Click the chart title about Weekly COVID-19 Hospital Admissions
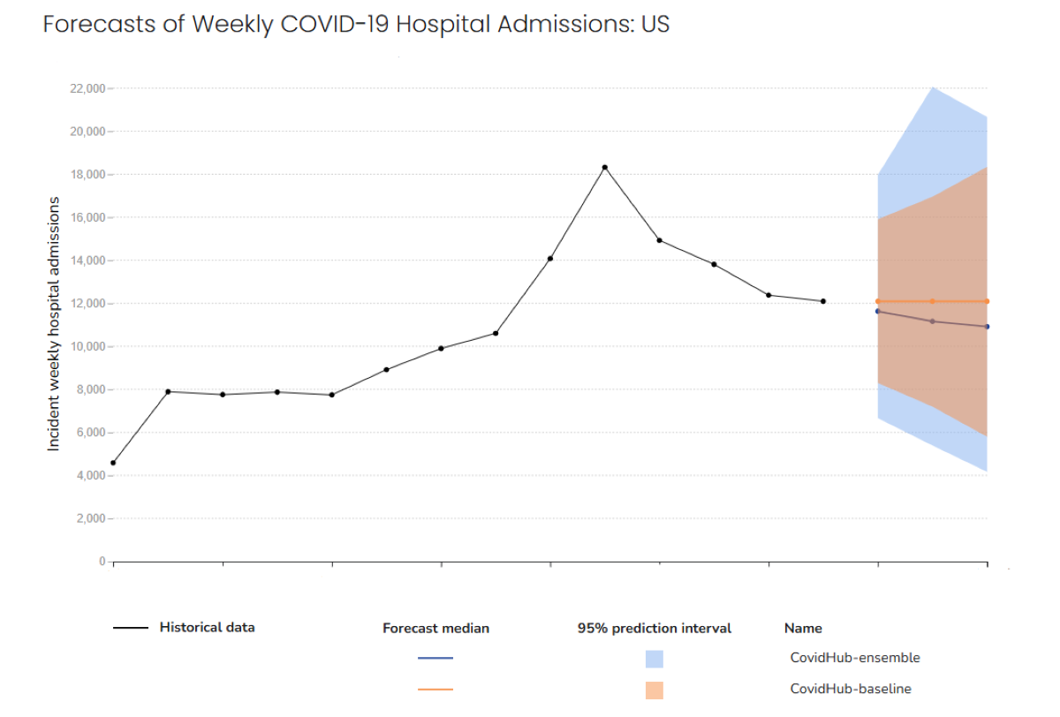(x=356, y=24)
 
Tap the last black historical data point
(x=822, y=301)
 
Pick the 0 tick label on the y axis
(x=102, y=562)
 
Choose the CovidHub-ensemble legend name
(x=854, y=658)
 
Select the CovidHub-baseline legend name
(x=851, y=689)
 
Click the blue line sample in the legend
(x=435, y=658)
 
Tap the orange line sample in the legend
(x=435, y=689)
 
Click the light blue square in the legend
(x=654, y=659)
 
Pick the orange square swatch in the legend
(x=654, y=690)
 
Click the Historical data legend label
(x=207, y=628)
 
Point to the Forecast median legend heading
(x=435, y=629)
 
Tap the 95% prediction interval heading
(x=654, y=629)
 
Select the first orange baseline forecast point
(x=877, y=301)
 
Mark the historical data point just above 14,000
(x=550, y=259)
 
